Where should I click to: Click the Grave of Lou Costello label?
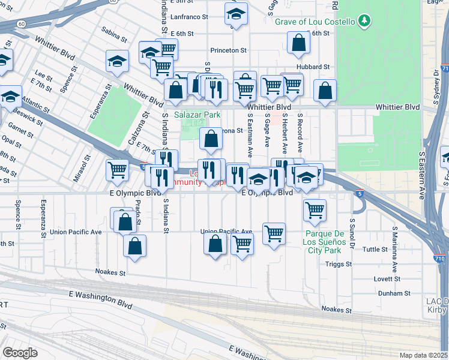(316, 22)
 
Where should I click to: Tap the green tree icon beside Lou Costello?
(364, 22)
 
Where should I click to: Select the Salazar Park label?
(197, 115)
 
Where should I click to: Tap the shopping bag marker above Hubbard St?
(298, 43)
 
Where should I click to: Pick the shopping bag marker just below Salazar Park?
(211, 139)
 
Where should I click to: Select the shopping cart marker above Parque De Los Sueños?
(315, 210)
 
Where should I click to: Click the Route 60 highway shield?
(21, 24)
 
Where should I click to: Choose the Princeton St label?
(229, 50)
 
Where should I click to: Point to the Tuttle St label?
(376, 249)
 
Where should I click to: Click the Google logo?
(20, 353)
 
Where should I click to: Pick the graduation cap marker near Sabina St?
(117, 61)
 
